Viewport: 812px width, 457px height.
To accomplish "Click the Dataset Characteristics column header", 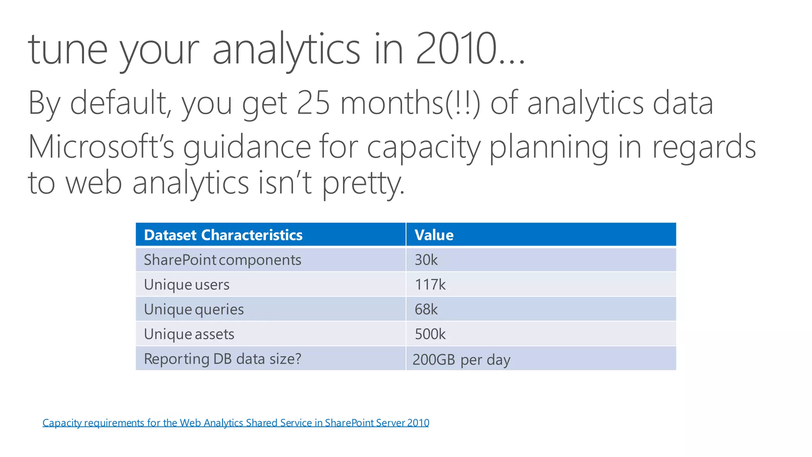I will [223, 235].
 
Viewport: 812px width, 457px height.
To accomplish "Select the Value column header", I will [434, 235].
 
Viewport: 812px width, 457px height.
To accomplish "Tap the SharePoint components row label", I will [222, 260].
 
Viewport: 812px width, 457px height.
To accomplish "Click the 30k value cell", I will [426, 260].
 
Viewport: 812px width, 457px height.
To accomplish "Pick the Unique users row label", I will [186, 284].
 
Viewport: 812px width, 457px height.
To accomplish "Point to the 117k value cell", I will [430, 284].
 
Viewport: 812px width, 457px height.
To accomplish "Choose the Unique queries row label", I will [193, 309].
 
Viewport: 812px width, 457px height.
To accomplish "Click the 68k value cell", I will [426, 309].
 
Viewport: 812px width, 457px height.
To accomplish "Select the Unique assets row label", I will [189, 334].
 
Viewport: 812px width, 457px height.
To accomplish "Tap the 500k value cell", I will [430, 334].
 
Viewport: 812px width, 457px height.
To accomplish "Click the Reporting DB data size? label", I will [222, 359].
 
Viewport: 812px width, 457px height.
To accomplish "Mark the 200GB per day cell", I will [461, 359].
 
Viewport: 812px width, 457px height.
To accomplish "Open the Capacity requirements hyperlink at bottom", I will [236, 423].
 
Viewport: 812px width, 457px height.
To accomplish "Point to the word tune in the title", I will [68, 50].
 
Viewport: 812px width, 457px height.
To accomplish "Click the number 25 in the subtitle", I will [313, 103].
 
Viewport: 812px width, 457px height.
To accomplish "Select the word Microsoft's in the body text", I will [101, 147].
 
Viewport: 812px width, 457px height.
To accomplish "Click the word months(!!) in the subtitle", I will [410, 103].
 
